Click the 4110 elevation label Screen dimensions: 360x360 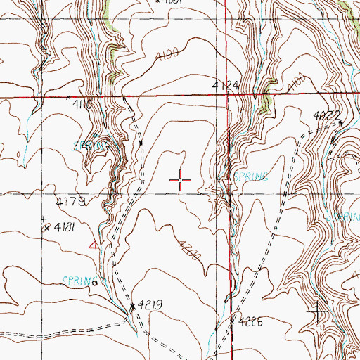[x=84, y=103]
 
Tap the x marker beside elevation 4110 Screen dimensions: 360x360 [x=68, y=97]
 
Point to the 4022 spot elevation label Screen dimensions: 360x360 [x=326, y=115]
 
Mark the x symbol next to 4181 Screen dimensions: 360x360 [x=46, y=227]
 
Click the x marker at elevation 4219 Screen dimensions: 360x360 [x=132, y=307]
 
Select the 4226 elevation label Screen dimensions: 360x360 [x=250, y=322]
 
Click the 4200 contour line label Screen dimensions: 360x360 [x=191, y=254]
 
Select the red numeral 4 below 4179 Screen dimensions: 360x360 [x=95, y=245]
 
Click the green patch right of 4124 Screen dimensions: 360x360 [x=265, y=105]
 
